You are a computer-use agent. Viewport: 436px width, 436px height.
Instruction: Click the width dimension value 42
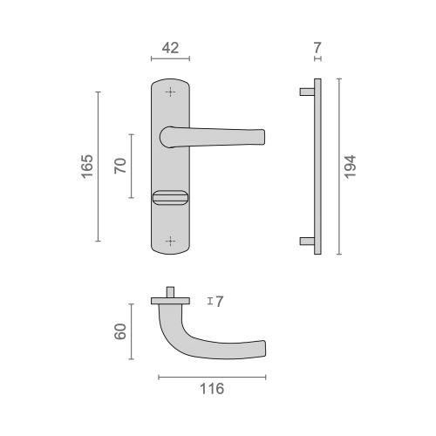click(x=170, y=48)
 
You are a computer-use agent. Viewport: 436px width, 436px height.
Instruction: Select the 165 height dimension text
click(x=86, y=167)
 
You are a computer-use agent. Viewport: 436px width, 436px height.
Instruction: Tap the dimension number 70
click(x=121, y=166)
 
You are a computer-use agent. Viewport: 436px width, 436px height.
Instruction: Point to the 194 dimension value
click(x=350, y=166)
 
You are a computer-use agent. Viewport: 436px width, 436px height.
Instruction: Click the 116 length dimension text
click(x=211, y=389)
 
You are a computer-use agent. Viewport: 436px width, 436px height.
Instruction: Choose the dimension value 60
click(x=121, y=331)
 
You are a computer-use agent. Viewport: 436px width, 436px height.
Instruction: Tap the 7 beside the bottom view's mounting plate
click(x=220, y=302)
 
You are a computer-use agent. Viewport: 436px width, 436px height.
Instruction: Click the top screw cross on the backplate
click(x=170, y=92)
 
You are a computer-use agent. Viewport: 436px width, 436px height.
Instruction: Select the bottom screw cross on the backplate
click(x=170, y=239)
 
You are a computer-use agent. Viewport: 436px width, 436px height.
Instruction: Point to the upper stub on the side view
click(x=306, y=91)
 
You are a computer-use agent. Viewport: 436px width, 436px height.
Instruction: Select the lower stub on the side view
click(x=306, y=240)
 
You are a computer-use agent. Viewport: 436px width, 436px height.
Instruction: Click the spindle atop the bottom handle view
click(x=171, y=290)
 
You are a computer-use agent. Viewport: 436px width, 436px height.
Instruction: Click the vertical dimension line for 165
click(x=98, y=166)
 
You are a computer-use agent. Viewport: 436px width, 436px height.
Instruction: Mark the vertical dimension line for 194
click(x=338, y=166)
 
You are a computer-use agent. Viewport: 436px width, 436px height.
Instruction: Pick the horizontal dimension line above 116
click(x=212, y=377)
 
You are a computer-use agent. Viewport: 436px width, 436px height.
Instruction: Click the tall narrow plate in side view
click(x=318, y=166)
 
